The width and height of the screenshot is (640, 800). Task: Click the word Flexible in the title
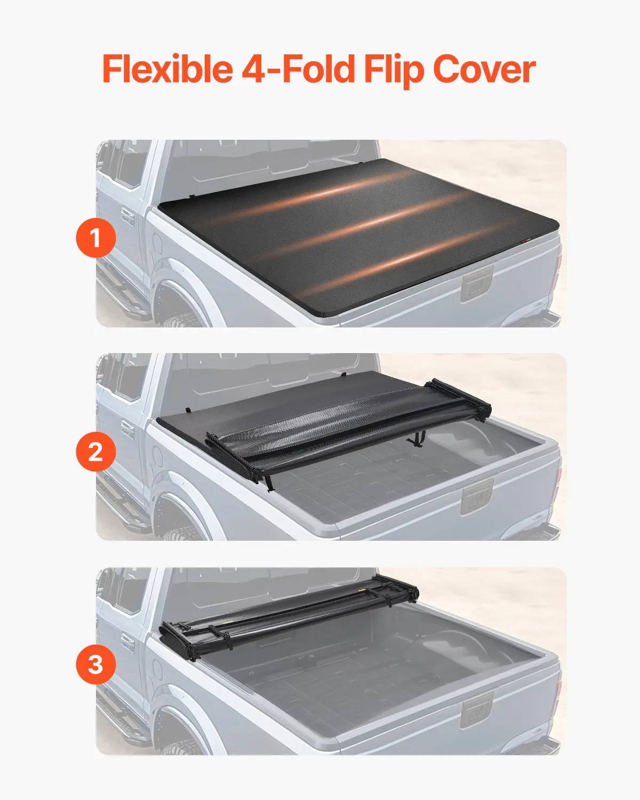click(x=167, y=69)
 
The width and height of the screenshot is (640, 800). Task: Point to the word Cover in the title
click(x=485, y=69)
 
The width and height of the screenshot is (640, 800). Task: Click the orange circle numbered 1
click(x=95, y=238)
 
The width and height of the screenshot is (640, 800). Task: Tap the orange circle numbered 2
click(x=95, y=452)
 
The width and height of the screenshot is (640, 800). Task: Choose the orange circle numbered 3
click(x=95, y=665)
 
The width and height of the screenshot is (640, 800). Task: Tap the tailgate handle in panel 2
click(x=477, y=498)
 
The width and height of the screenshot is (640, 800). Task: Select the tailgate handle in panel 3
click(x=477, y=711)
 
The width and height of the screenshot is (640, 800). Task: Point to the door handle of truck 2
click(x=127, y=430)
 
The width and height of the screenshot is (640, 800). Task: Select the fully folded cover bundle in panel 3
click(x=289, y=618)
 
